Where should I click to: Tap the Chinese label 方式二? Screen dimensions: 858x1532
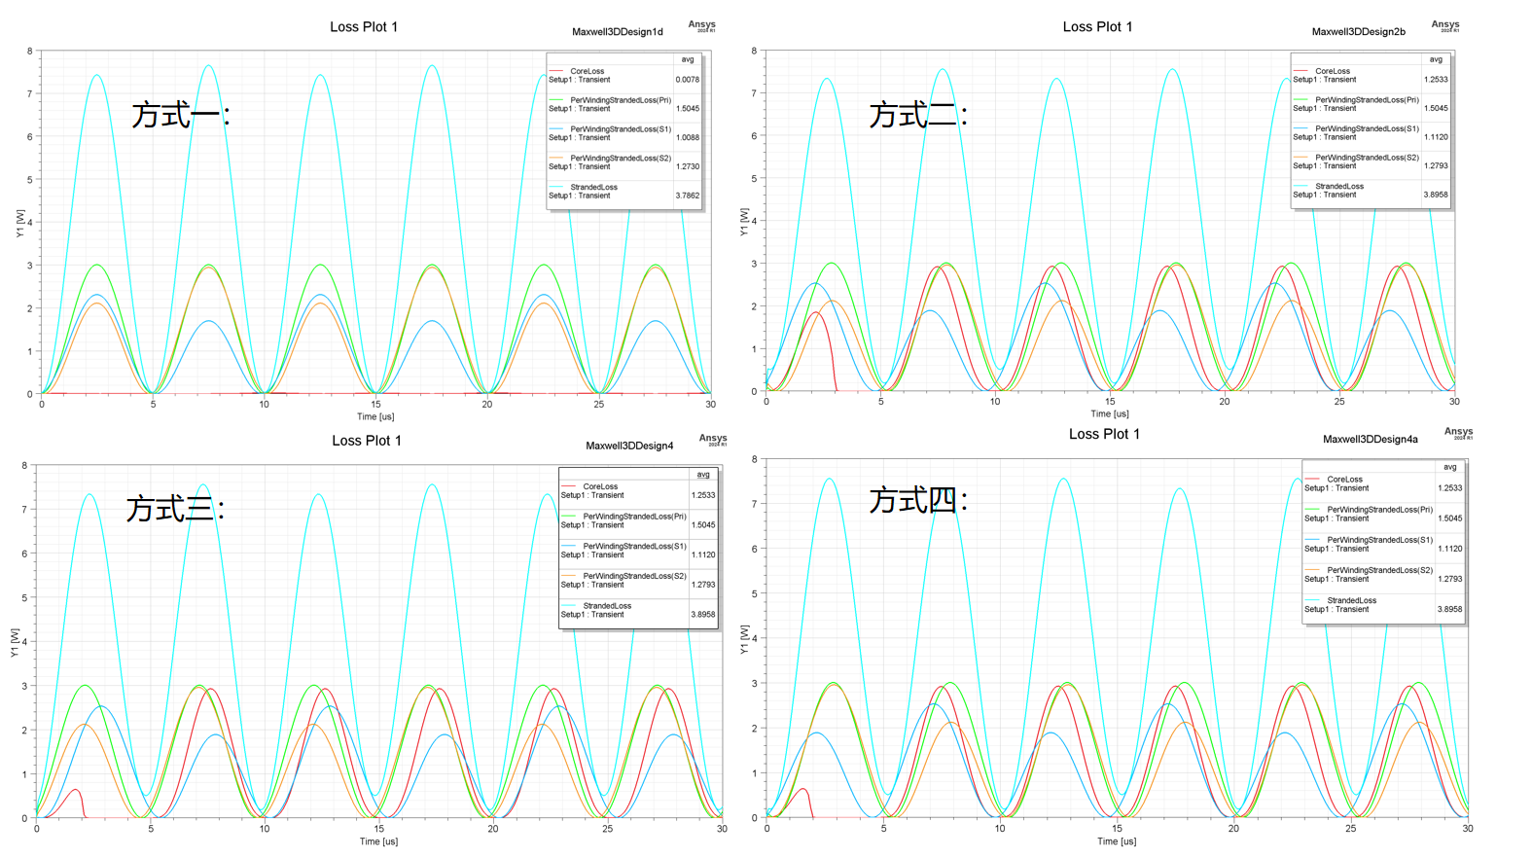pyautogui.click(x=914, y=115)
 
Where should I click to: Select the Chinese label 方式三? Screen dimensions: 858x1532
pyautogui.click(x=172, y=508)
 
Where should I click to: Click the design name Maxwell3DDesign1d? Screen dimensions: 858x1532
pyautogui.click(x=617, y=32)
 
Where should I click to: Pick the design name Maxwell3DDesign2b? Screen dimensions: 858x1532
pyautogui.click(x=1358, y=32)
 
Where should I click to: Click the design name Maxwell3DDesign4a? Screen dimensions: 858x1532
pyautogui.click(x=1370, y=440)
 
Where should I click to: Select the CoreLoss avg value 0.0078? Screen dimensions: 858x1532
pyautogui.click(x=688, y=80)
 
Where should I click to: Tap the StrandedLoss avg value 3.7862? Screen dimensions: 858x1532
pyautogui.click(x=688, y=196)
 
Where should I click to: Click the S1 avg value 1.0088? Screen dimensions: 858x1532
pyautogui.click(x=688, y=137)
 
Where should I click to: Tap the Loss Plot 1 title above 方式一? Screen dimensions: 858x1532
pyautogui.click(x=364, y=27)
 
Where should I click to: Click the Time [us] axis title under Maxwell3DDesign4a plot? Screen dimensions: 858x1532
pyautogui.click(x=1117, y=841)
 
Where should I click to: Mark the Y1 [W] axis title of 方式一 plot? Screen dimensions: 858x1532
pyautogui.click(x=19, y=223)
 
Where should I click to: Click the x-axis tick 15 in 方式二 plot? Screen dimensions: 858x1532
pyautogui.click(x=1110, y=401)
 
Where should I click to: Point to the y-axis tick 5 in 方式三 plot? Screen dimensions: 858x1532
pyautogui.click(x=25, y=598)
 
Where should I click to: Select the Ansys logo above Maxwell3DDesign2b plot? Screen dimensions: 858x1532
pyautogui.click(x=1444, y=25)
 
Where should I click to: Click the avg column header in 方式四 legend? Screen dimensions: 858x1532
pyautogui.click(x=1449, y=467)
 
